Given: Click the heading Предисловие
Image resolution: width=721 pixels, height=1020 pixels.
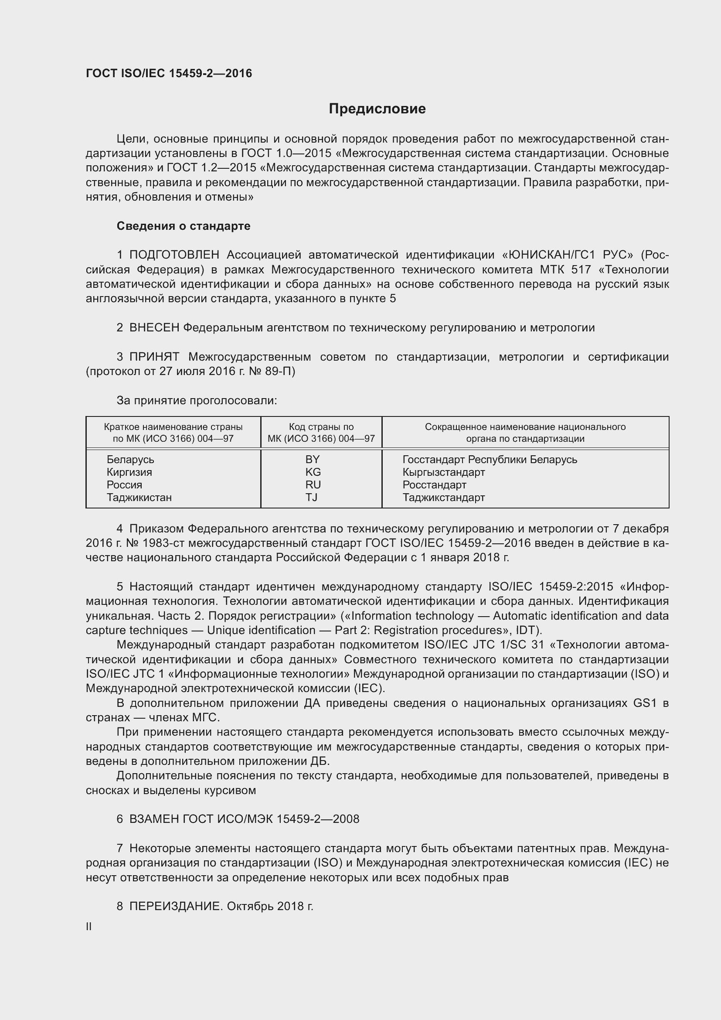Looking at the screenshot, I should click(377, 109).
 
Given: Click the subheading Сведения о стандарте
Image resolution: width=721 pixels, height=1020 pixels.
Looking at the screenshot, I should click(184, 226).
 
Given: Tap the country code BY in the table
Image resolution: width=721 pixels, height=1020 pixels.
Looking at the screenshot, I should click(313, 459).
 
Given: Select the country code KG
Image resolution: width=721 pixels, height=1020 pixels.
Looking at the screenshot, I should click(313, 472).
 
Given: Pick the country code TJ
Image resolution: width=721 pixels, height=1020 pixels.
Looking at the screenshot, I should click(311, 497).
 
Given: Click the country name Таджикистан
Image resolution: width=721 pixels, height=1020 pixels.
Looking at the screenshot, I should click(139, 497).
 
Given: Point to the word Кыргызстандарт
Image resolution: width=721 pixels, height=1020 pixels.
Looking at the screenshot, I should click(443, 472).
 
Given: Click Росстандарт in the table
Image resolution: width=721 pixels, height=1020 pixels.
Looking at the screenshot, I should click(434, 484).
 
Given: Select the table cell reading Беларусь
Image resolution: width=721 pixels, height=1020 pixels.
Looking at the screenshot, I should click(130, 459).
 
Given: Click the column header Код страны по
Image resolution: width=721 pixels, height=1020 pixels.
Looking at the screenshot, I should click(321, 427).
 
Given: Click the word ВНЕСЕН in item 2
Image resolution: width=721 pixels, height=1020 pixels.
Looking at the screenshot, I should click(154, 328).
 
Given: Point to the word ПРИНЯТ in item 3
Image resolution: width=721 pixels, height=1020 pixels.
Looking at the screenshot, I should click(154, 357).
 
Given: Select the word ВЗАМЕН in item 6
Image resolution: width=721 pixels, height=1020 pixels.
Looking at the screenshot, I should click(154, 819).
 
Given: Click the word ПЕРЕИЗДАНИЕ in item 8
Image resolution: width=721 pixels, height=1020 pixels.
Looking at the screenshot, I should click(175, 906).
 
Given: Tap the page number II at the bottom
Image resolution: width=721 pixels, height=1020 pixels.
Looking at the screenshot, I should click(89, 927).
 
